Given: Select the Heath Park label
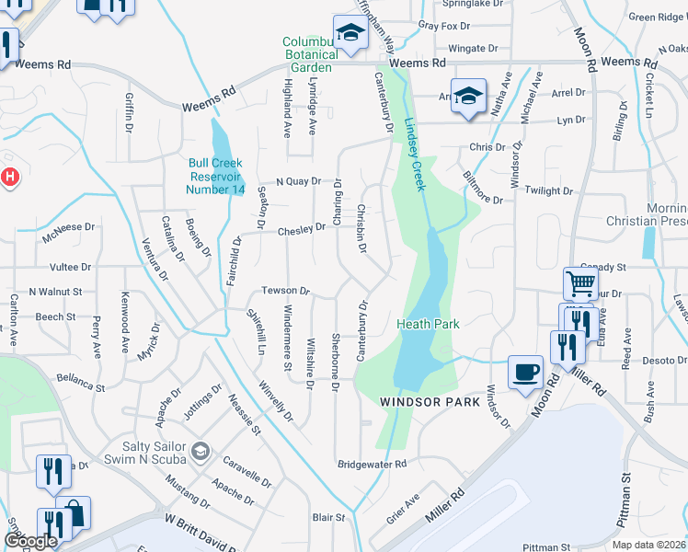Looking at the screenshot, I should pyautogui.click(x=428, y=324).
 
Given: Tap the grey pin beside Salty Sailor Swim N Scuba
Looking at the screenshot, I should pyautogui.click(x=201, y=452).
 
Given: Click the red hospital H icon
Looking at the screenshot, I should pyautogui.click(x=9, y=176).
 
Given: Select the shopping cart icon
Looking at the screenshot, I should pyautogui.click(x=580, y=283).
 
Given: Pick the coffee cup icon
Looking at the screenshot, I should pyautogui.click(x=524, y=372).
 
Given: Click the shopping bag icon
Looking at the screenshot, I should pyautogui.click(x=74, y=514).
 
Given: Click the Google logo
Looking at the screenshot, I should pyautogui.click(x=29, y=542).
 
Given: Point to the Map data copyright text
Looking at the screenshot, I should pyautogui.click(x=648, y=545).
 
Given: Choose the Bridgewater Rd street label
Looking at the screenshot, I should pyautogui.click(x=372, y=465).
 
